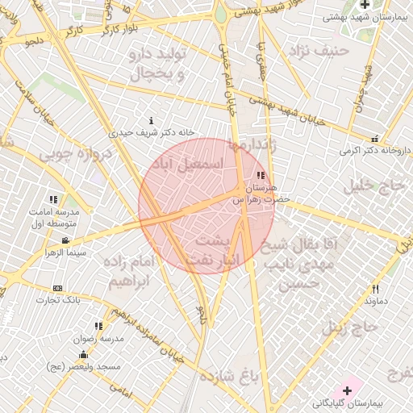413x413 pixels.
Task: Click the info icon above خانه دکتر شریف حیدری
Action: pyautogui.click(x=152, y=120)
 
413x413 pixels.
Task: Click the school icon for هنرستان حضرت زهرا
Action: pyautogui.click(x=260, y=175)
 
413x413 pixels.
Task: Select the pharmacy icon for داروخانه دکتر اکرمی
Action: pyautogui.click(x=374, y=140)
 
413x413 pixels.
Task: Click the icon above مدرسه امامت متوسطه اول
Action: pyautogui.click(x=53, y=199)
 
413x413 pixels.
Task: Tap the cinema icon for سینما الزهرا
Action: pyautogui.click(x=65, y=240)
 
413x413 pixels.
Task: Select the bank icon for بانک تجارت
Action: pyautogui.click(x=57, y=288)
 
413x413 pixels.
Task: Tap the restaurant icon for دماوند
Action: pyautogui.click(x=376, y=289)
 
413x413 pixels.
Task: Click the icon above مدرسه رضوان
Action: pyautogui.click(x=98, y=326)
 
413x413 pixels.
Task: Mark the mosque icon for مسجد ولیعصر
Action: pyautogui.click(x=83, y=354)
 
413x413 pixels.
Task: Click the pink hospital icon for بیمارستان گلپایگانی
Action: pyautogui.click(x=348, y=390)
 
